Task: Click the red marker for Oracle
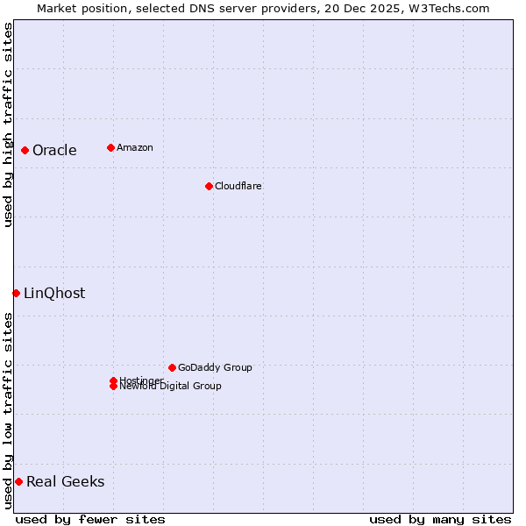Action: [x=25, y=150]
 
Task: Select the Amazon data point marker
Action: [x=110, y=147]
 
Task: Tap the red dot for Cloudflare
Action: [x=209, y=186]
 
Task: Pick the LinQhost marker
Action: [x=16, y=293]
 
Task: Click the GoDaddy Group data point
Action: [x=172, y=367]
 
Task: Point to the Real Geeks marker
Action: [x=18, y=481]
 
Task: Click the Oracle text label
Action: [x=54, y=150]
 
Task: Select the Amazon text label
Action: [x=135, y=147]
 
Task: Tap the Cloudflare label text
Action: [x=238, y=186]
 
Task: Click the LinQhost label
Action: [x=54, y=293]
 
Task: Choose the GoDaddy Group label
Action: [x=215, y=367]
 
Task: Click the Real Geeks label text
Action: [x=65, y=481]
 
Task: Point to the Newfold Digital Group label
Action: [x=170, y=387]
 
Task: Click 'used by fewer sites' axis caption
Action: [x=90, y=519]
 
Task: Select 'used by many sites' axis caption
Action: [x=440, y=519]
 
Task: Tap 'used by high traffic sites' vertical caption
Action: [x=8, y=124]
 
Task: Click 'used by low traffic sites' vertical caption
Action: [x=8, y=410]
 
